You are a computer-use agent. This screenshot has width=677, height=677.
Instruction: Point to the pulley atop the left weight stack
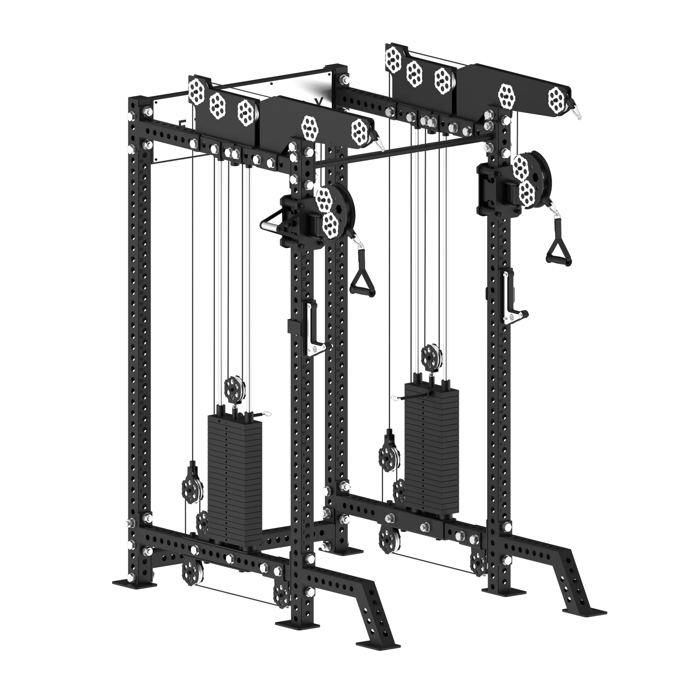(235, 389)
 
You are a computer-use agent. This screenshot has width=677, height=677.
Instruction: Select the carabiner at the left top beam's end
(379, 142)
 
